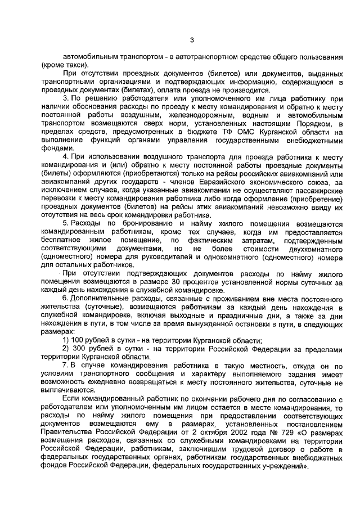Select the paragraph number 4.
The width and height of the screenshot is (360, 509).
pyautogui.click(x=65, y=156)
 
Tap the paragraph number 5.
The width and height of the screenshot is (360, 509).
pyautogui.click(x=65, y=224)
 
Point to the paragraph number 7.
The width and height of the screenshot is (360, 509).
pyautogui.click(x=65, y=365)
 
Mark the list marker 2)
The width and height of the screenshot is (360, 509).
pyautogui.click(x=66, y=349)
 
